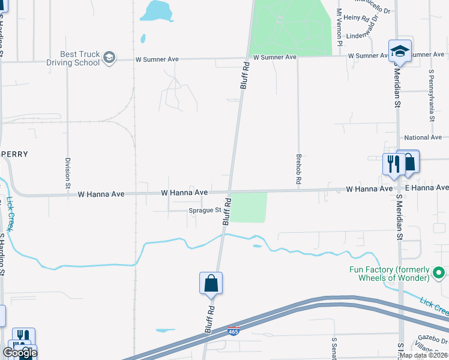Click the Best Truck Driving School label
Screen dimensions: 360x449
click(73, 58)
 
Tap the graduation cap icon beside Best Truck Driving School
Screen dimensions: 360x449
click(109, 58)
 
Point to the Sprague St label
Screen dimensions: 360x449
click(206, 210)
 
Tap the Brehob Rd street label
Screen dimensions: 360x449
click(298, 169)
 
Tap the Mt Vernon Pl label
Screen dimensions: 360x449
click(339, 26)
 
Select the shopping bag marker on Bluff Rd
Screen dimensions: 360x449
click(211, 283)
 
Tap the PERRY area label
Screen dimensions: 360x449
click(14, 154)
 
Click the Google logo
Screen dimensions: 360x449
click(20, 353)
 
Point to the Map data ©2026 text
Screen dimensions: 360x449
click(424, 355)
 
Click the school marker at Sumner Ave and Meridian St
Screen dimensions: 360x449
click(399, 52)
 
